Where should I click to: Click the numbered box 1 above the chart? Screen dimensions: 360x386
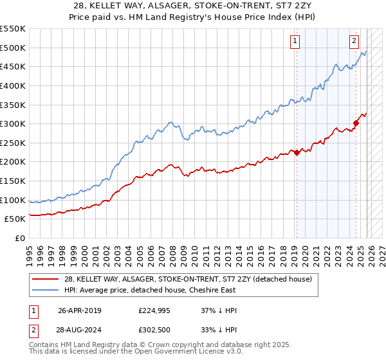[x=295, y=42]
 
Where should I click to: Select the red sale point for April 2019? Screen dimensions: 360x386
[x=297, y=152]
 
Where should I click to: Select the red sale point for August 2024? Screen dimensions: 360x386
[x=356, y=123]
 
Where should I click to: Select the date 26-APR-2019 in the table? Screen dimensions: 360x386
[x=79, y=310]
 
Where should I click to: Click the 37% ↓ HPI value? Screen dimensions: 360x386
[x=219, y=310]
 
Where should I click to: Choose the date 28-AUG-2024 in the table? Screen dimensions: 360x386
[x=79, y=331]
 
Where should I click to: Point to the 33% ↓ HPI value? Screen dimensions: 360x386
[x=219, y=331]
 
